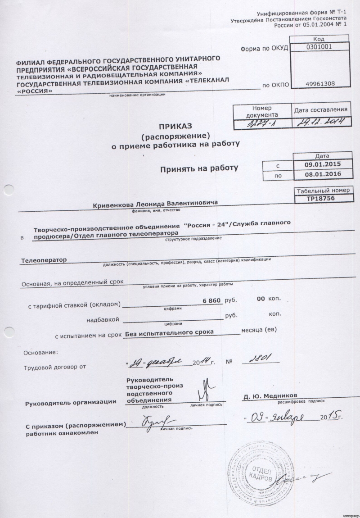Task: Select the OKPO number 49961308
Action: (x=314, y=84)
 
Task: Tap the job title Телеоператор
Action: (x=44, y=260)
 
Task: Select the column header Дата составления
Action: (x=320, y=109)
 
